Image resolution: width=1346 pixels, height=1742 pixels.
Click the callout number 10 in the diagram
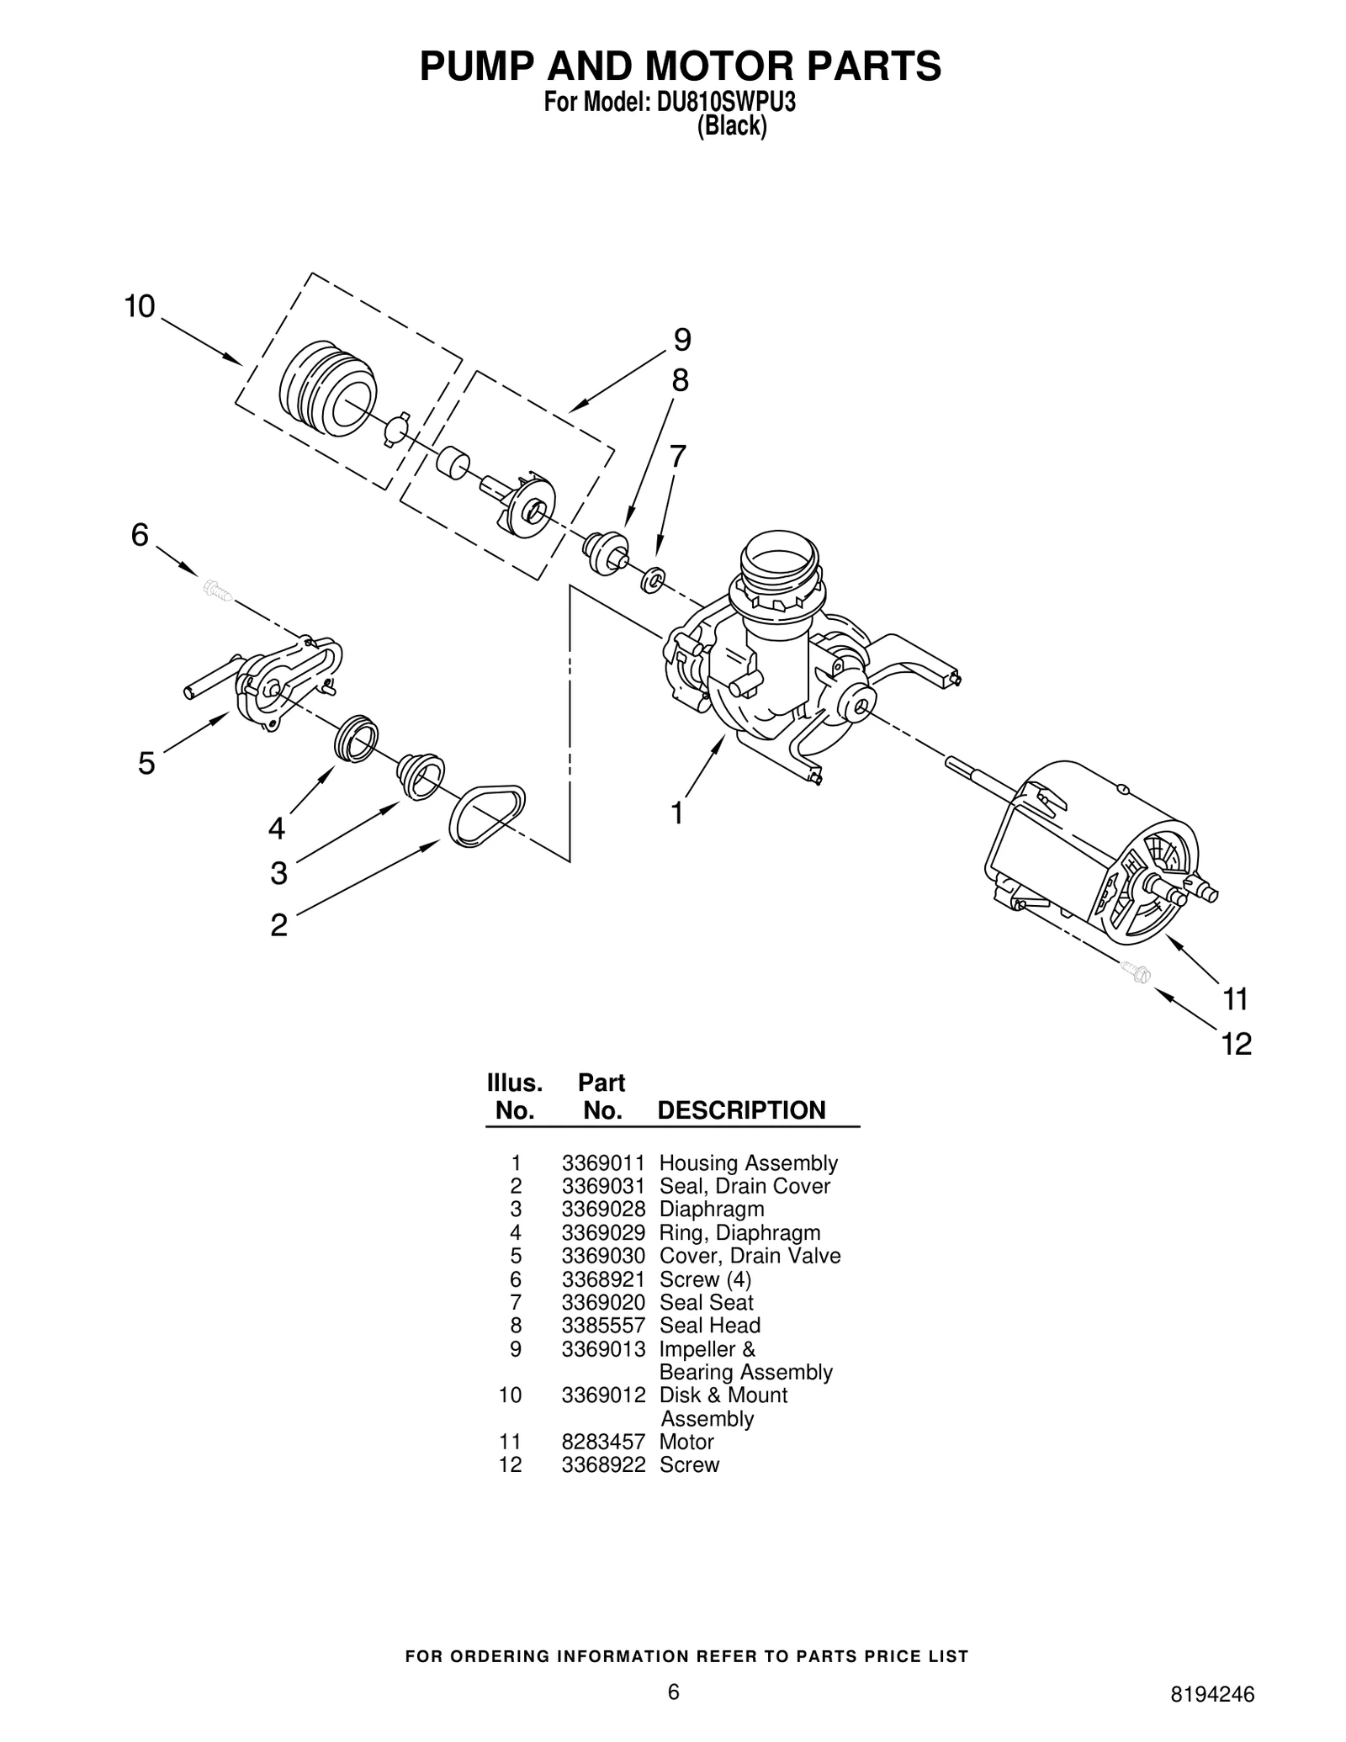coord(140,307)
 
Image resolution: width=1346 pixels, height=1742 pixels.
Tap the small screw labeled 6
coord(217,590)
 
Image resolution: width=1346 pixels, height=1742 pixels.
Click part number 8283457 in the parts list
coord(603,1442)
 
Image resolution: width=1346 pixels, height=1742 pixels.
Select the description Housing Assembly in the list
coord(748,1163)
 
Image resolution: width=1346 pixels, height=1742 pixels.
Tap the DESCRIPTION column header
coord(741,1110)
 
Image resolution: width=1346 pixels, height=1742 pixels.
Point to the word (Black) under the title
coord(732,127)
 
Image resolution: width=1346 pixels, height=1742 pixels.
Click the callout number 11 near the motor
coord(1235,1000)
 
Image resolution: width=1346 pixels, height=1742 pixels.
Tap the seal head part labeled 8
coord(606,552)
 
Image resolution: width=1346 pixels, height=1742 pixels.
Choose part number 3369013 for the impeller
coord(603,1349)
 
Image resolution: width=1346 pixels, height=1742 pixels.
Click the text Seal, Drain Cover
coord(744,1186)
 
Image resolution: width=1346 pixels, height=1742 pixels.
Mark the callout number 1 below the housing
coord(677,813)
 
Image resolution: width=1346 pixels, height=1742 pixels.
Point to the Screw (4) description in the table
coord(705,1279)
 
